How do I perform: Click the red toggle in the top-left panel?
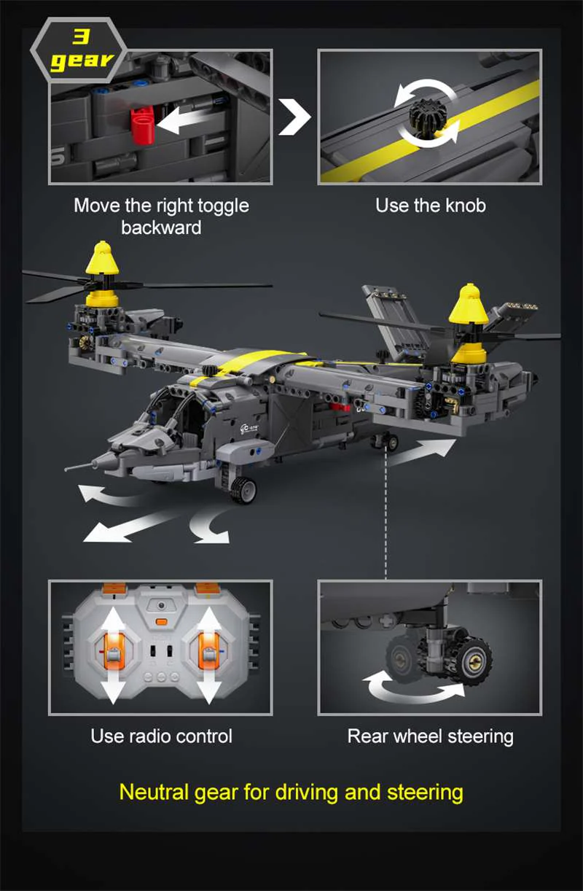coord(142,120)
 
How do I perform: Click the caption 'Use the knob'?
coord(430,206)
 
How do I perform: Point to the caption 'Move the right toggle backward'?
coord(161,216)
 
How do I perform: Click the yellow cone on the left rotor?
coord(102,259)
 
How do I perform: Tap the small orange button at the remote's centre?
coord(160,623)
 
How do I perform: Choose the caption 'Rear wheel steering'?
coord(430,736)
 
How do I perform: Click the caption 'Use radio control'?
coord(161,736)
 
